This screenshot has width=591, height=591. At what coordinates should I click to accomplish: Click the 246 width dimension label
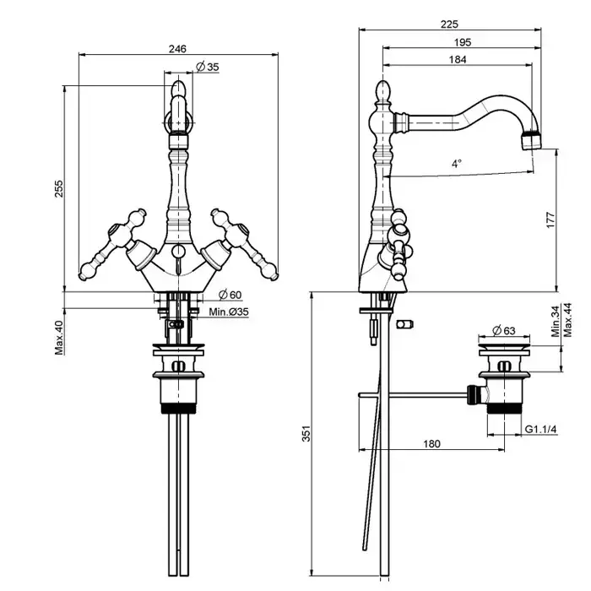tap(177, 49)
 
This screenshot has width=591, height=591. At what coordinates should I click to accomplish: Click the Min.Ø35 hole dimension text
tap(230, 312)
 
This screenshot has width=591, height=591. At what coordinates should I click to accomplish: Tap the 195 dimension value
tap(461, 42)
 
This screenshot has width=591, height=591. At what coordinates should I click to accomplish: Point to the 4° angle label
tap(457, 164)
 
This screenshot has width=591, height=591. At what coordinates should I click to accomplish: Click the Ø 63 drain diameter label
tap(504, 329)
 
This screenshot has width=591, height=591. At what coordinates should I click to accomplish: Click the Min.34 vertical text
tap(556, 322)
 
